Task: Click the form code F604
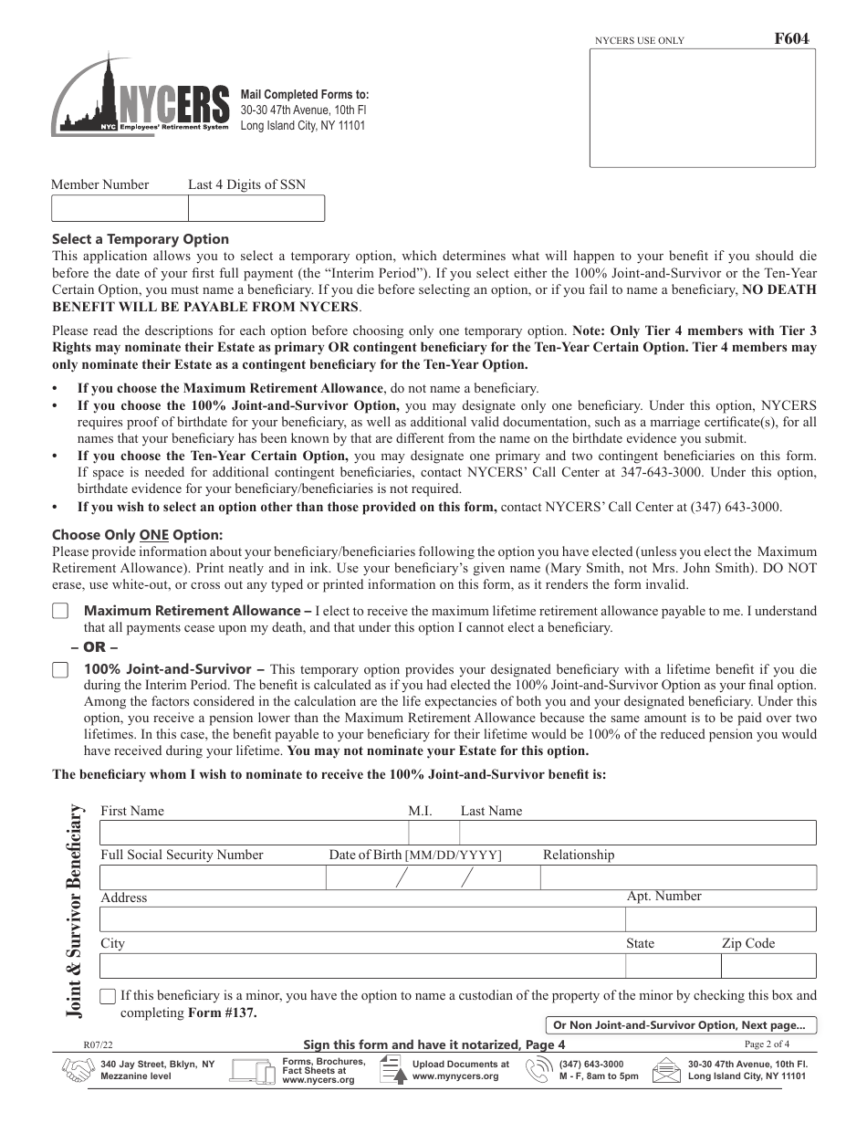coord(790,39)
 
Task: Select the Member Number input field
coord(120,208)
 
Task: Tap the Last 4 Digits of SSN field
coord(256,208)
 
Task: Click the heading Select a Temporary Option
coord(141,239)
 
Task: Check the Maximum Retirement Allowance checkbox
coord(60,611)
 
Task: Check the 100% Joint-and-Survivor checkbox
coord(60,669)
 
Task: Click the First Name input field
coord(253,833)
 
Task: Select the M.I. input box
coord(433,833)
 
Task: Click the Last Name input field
coord(637,833)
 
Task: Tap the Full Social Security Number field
coord(212,877)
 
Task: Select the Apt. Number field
coord(720,919)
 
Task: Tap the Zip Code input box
coord(768,965)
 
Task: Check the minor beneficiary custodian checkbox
coord(108,996)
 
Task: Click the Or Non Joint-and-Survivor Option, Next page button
coord(680,1025)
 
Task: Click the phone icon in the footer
coord(541,1070)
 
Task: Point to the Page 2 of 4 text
coord(768,1044)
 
